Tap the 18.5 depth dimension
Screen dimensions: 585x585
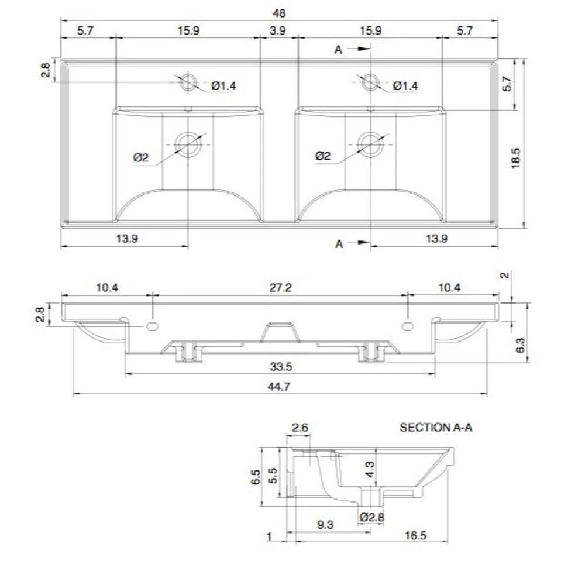click(x=515, y=157)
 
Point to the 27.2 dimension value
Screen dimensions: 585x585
click(x=279, y=287)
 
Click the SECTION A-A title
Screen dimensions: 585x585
click(x=435, y=428)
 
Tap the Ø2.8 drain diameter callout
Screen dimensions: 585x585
click(x=371, y=517)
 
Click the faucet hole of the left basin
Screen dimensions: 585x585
click(x=188, y=82)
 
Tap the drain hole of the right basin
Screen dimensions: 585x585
click(x=370, y=143)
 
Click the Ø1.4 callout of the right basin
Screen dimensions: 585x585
click(x=405, y=86)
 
